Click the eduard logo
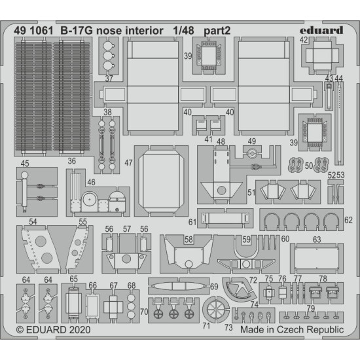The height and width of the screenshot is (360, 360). pos(322,29)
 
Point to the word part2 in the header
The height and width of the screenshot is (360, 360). pos(219,29)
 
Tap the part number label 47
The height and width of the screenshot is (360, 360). pos(128,163)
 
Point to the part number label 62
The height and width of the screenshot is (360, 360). pos(348,219)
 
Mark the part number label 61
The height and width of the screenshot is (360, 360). pos(192,222)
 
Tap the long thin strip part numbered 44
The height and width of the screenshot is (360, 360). pos(338,124)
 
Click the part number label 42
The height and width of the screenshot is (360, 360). pos(304,40)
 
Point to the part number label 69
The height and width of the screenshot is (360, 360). pos(213,286)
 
